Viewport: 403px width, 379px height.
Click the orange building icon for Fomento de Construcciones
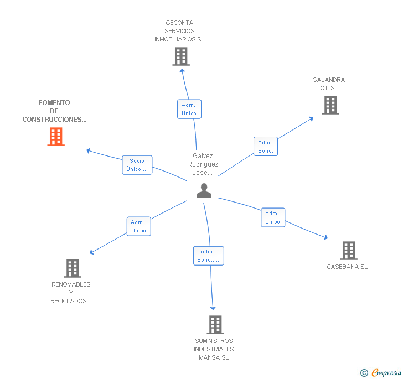click(x=56, y=136)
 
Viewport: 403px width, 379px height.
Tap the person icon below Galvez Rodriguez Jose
click(x=204, y=191)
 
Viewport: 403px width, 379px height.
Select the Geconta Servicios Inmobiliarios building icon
click(x=181, y=56)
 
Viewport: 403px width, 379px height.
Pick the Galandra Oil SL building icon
click(x=330, y=105)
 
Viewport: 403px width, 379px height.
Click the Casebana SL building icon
click(x=348, y=251)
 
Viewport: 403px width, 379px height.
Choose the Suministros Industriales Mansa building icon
click(x=215, y=325)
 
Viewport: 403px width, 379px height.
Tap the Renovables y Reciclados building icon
click(x=73, y=268)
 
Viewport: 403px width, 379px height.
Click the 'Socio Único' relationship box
click(x=137, y=165)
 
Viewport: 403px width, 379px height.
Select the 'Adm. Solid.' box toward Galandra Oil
click(x=266, y=147)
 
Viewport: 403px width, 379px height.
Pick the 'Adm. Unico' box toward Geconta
click(x=189, y=108)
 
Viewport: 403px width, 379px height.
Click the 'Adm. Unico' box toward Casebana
click(x=272, y=217)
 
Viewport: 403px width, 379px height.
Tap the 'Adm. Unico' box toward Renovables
click(x=138, y=226)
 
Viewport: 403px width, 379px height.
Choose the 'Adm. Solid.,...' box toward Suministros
click(x=209, y=256)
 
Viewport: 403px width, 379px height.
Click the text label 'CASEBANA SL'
click(x=347, y=267)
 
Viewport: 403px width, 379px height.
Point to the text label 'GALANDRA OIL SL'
click(x=329, y=84)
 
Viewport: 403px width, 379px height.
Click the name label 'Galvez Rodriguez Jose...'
click(x=203, y=164)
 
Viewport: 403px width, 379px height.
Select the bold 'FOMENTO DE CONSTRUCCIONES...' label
click(x=54, y=111)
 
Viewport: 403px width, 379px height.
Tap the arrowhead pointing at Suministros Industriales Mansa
click(x=213, y=308)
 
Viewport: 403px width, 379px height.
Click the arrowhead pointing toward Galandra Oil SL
click(x=311, y=118)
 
